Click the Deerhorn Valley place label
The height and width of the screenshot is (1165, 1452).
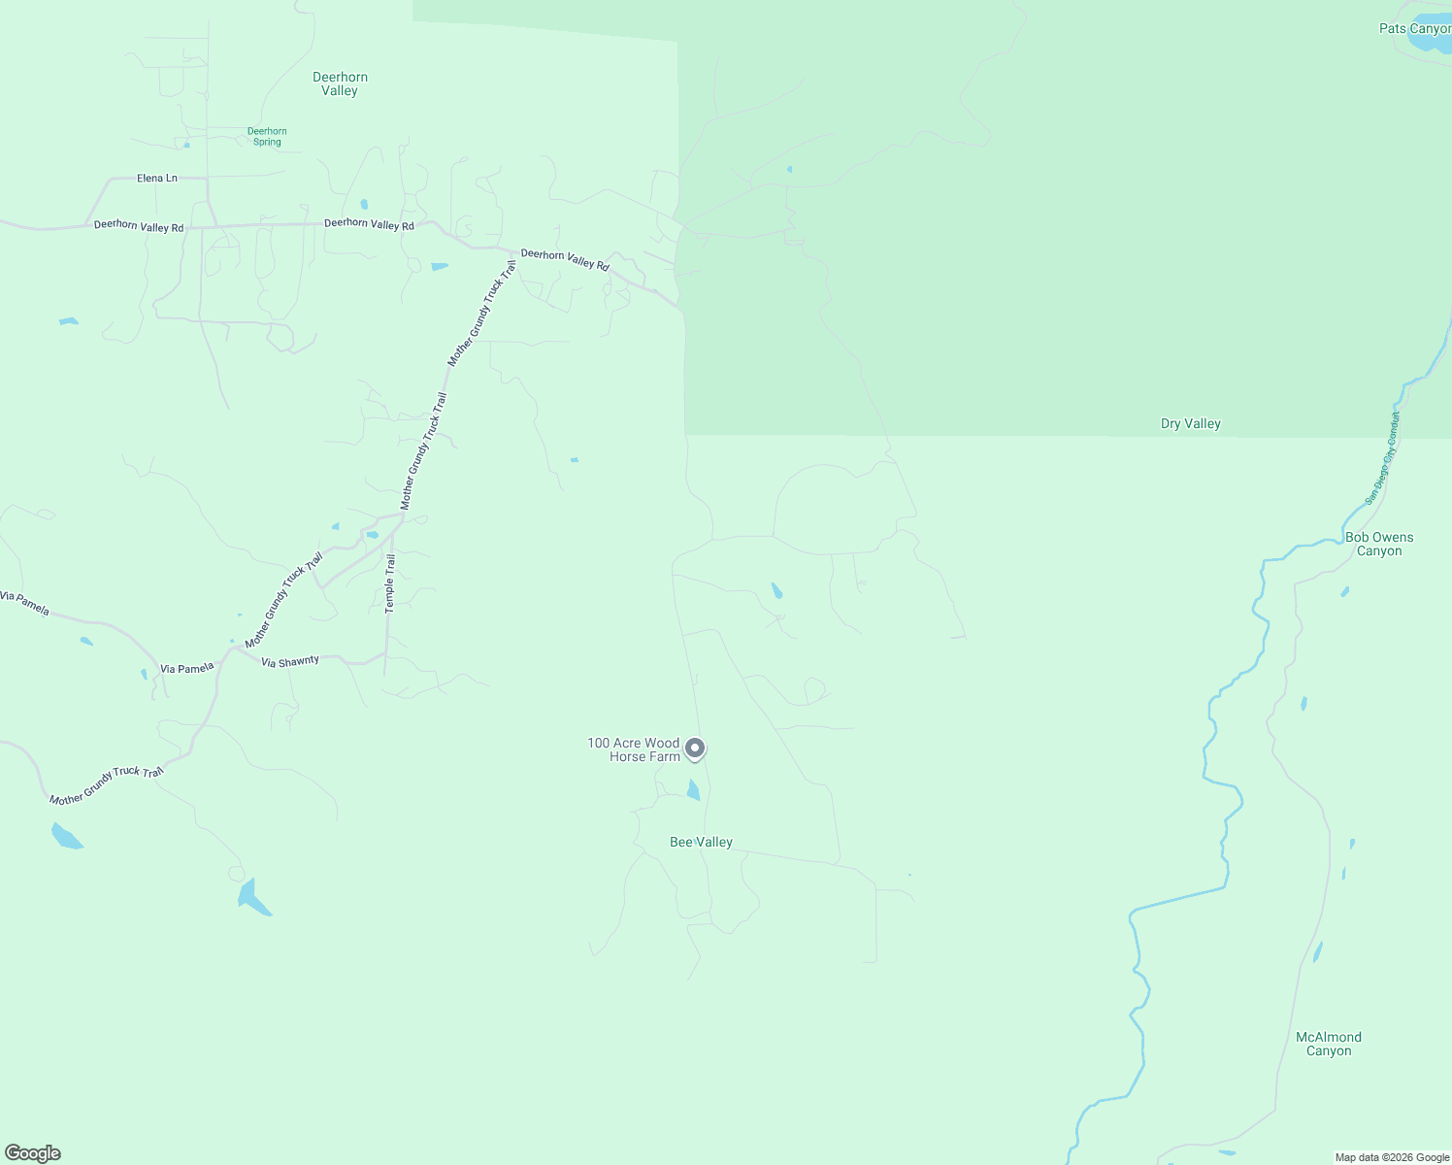pyautogui.click(x=340, y=83)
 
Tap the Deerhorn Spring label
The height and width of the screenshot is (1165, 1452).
pyautogui.click(x=267, y=137)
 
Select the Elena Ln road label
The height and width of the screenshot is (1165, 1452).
pyautogui.click(x=157, y=179)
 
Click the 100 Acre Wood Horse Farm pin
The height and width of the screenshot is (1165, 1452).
pyautogui.click(x=695, y=749)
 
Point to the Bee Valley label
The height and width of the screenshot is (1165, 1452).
pyautogui.click(x=701, y=842)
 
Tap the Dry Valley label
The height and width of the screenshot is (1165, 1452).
pyautogui.click(x=1190, y=423)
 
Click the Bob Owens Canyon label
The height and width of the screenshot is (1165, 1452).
pyautogui.click(x=1379, y=544)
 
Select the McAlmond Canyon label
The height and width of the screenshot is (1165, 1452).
pyautogui.click(x=1329, y=1044)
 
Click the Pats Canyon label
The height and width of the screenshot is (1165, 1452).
pyautogui.click(x=1414, y=29)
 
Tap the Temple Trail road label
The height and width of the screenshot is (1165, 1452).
pyautogui.click(x=390, y=582)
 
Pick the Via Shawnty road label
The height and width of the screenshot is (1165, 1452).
pyautogui.click(x=290, y=662)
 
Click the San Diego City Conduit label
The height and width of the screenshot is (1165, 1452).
pyautogui.click(x=1383, y=458)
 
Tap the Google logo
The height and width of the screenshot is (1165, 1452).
pyautogui.click(x=33, y=1153)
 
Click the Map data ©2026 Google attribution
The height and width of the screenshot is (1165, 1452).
pyautogui.click(x=1392, y=1157)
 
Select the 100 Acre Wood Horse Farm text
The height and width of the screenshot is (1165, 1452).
pyautogui.click(x=634, y=749)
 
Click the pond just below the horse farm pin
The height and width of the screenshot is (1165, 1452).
pyautogui.click(x=693, y=789)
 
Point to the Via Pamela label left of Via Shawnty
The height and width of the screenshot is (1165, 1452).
pyautogui.click(x=186, y=669)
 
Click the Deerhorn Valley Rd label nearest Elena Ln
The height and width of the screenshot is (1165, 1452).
pyautogui.click(x=139, y=226)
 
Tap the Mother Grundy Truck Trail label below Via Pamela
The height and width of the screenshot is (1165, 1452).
pyautogui.click(x=107, y=785)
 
